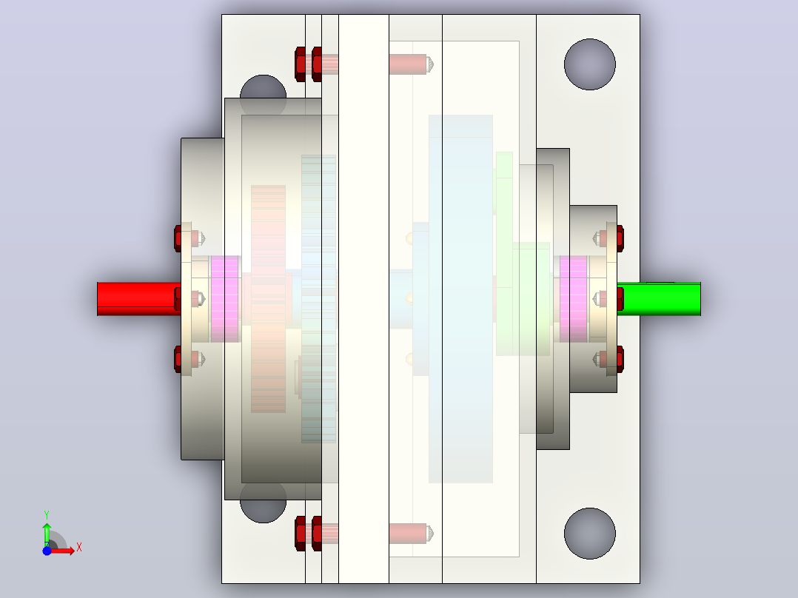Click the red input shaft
139,299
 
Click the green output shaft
659,299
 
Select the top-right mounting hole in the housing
590,64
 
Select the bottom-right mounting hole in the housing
590,534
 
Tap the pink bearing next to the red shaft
224,299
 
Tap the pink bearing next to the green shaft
574,299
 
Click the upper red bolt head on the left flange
178,238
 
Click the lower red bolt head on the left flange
178,359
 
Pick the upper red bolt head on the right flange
620,238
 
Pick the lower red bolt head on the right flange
620,359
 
